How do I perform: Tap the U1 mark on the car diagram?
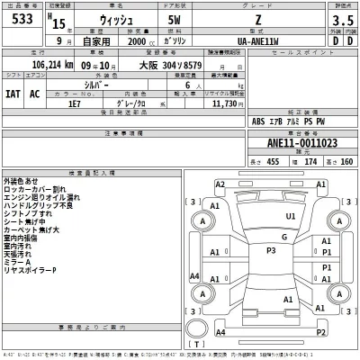coord(289,216)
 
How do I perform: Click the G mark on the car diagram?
coord(283,238)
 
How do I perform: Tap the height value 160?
coord(345,161)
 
